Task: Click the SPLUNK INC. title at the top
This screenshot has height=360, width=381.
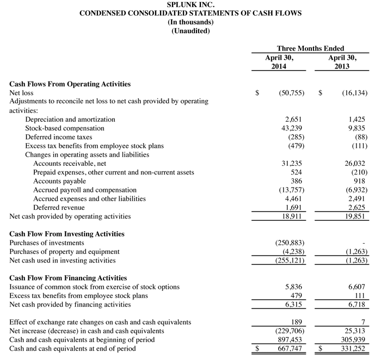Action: (x=190, y=4)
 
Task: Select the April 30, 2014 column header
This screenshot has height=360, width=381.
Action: (x=279, y=61)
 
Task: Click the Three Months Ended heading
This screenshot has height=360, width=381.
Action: (x=310, y=48)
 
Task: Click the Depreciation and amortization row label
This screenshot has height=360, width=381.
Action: (x=70, y=119)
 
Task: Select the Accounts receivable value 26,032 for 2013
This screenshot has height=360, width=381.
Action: (x=355, y=163)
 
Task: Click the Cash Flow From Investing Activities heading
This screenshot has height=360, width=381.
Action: (x=67, y=234)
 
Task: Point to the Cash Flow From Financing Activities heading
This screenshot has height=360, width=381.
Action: (x=69, y=278)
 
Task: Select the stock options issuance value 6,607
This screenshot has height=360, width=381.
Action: (x=357, y=287)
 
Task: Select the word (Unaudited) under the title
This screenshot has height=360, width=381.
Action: (x=190, y=31)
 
